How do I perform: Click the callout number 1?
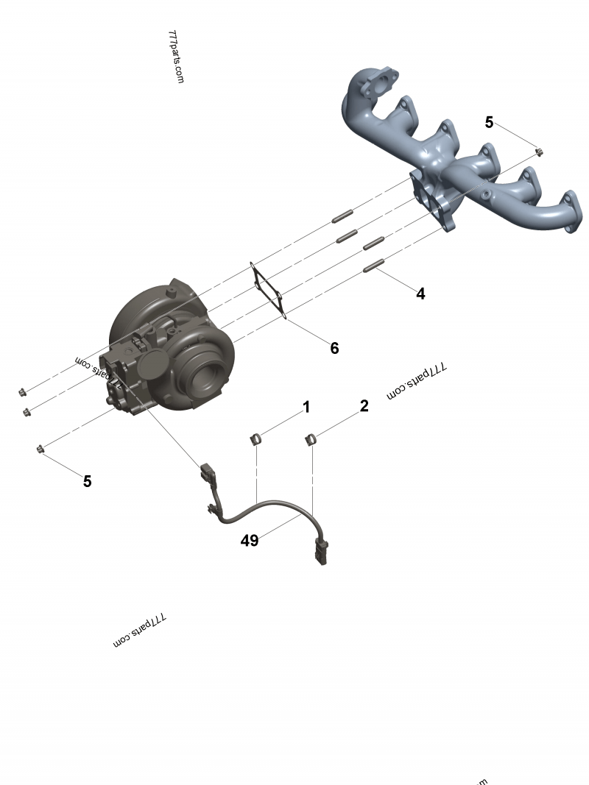[306, 407]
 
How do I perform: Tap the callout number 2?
[364, 405]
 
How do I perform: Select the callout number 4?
[420, 294]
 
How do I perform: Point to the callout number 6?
[334, 348]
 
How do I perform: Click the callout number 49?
[250, 541]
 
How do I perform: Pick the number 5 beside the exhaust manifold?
[489, 122]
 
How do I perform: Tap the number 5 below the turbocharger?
[87, 481]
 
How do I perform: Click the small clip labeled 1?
[255, 441]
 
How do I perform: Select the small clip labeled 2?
[311, 440]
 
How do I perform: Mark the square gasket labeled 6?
[269, 290]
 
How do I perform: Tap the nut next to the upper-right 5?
[539, 152]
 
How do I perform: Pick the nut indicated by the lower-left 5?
[40, 449]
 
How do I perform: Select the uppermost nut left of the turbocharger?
[21, 391]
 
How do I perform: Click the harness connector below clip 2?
[322, 553]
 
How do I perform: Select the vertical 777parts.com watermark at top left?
[176, 57]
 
